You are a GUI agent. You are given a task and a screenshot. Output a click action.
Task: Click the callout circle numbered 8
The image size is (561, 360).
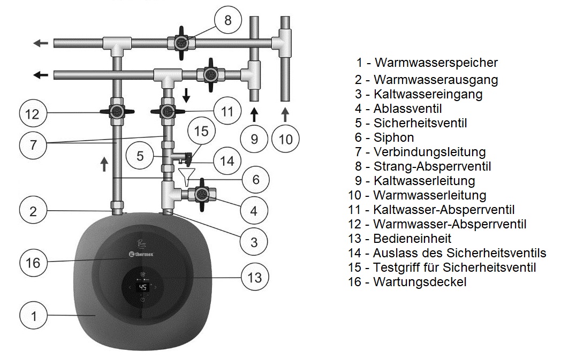(228, 21)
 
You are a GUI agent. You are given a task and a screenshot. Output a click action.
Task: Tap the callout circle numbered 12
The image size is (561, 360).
(33, 113)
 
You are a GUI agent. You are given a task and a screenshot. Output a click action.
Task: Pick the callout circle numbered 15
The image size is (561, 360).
(201, 131)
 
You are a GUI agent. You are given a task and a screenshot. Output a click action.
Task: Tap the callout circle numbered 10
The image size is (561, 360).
(286, 139)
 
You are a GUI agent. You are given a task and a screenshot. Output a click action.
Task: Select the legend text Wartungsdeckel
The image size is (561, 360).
(420, 282)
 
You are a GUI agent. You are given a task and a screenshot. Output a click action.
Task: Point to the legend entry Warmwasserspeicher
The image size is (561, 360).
(436, 63)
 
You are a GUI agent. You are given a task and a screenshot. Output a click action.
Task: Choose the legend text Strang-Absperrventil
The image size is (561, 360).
(432, 166)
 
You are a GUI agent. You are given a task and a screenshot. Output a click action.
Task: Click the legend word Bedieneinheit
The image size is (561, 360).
(412, 239)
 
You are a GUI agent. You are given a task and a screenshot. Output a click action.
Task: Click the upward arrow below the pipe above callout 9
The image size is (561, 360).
(254, 114)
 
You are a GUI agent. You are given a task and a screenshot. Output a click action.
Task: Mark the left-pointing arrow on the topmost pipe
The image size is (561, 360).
(40, 43)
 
